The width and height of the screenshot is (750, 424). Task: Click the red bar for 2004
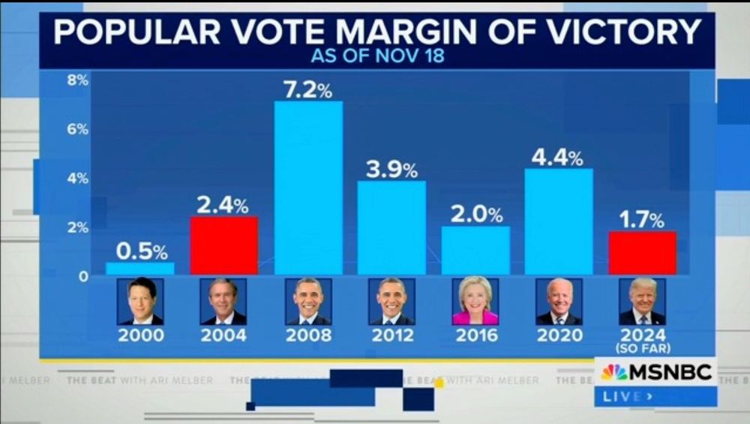(x=223, y=245)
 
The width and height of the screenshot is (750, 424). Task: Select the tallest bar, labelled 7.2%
(x=308, y=188)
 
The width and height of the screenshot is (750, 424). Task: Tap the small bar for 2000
(x=139, y=268)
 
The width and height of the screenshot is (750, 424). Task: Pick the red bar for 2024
(x=642, y=253)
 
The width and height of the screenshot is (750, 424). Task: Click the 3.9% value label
(x=391, y=170)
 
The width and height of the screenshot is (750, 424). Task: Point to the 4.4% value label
(x=556, y=158)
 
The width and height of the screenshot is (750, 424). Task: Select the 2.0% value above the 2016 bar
(x=476, y=215)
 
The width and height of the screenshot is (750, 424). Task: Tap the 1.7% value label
(x=641, y=220)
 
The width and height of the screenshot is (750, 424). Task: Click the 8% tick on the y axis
(x=77, y=80)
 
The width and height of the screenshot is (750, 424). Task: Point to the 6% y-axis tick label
(x=77, y=129)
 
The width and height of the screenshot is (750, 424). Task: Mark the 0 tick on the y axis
(x=83, y=276)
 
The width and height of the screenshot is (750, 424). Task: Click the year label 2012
(x=391, y=335)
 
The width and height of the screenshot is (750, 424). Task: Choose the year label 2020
(x=559, y=335)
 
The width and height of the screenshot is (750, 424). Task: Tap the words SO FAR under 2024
(x=642, y=348)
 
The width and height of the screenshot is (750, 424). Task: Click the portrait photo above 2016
(x=475, y=302)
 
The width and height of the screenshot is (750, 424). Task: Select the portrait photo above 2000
(x=140, y=302)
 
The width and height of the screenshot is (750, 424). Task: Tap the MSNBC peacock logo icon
(x=614, y=372)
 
